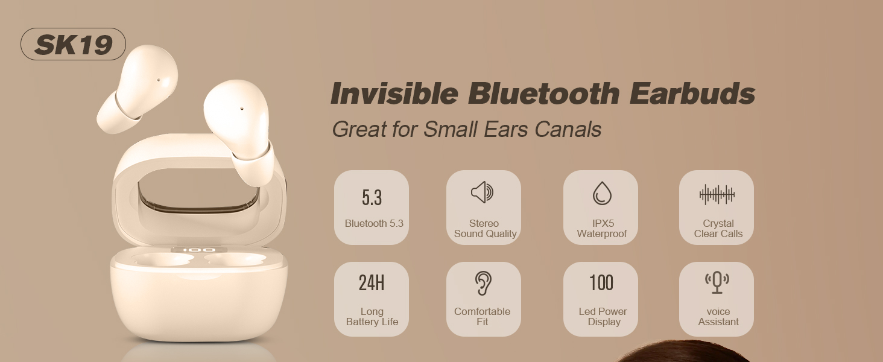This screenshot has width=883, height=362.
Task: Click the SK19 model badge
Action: pos(73,45)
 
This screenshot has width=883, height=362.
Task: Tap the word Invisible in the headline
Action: pos(394,94)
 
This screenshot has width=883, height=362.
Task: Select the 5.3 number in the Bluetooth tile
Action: pos(372,197)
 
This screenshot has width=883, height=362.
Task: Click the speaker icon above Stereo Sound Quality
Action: pos(483,192)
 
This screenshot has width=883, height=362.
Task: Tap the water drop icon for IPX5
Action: pos(601,193)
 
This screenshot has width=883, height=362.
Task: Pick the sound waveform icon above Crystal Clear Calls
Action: pos(717,194)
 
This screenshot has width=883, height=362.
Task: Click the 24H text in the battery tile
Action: pos(372,283)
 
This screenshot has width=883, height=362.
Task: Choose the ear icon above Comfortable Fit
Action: pos(483,283)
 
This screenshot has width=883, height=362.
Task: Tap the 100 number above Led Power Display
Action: pos(601,283)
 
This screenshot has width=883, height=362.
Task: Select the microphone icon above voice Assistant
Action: pos(717,282)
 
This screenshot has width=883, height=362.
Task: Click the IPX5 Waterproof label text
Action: pos(601,229)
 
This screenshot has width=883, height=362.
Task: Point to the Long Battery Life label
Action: pos(372,317)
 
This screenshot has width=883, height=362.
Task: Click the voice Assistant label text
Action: pos(718,317)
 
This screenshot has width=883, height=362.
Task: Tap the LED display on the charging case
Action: pos(199,250)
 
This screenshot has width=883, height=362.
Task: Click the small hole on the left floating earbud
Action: pos(159,80)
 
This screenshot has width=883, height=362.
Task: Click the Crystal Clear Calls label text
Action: pos(718,229)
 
